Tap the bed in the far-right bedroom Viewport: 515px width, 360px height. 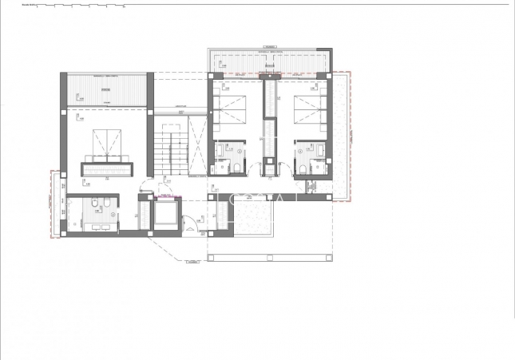(307, 111)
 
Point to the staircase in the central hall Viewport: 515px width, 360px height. (169, 152)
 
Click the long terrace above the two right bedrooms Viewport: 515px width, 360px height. (269, 61)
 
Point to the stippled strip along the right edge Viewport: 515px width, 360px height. (341, 136)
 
